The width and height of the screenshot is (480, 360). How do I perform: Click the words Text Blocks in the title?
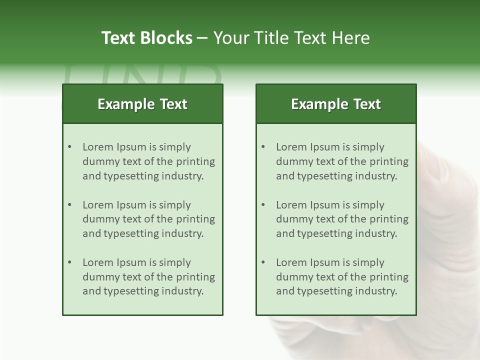pyautogui.click(x=146, y=38)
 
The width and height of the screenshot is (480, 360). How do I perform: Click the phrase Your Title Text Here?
pyautogui.click(x=291, y=38)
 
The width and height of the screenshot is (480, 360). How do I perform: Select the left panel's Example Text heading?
pyautogui.click(x=142, y=104)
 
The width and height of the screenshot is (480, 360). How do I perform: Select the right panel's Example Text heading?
pyautogui.click(x=336, y=104)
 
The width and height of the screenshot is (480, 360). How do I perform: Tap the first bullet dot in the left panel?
pyautogui.click(x=70, y=147)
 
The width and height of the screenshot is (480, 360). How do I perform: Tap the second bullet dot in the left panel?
pyautogui.click(x=70, y=205)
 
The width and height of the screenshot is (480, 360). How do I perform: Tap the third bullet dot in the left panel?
pyautogui.click(x=70, y=262)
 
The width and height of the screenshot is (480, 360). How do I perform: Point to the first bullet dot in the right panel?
pyautogui.click(x=263, y=147)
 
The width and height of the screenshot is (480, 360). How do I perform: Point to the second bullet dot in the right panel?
pyautogui.click(x=263, y=205)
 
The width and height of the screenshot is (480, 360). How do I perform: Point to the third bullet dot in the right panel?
pyautogui.click(x=263, y=262)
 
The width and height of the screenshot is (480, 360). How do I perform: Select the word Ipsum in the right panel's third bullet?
pyautogui.click(x=325, y=262)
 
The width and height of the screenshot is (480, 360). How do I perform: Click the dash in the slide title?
pyautogui.click(x=202, y=38)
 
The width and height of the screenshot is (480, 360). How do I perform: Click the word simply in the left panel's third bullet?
pyautogui.click(x=175, y=262)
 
